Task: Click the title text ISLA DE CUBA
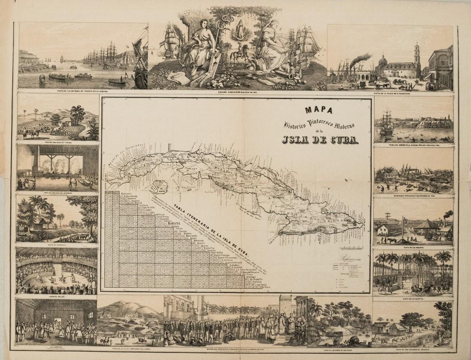tap(320, 139)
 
